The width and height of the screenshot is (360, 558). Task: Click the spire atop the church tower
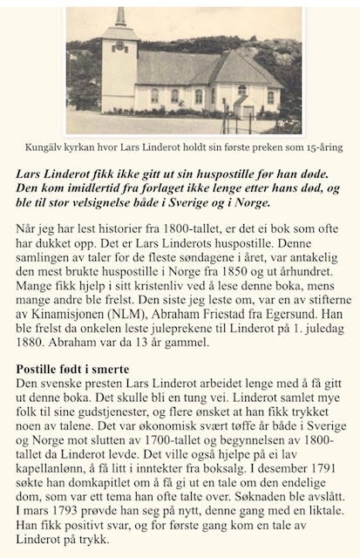(x=120, y=17)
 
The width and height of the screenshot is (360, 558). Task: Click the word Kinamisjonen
(x=71, y=330)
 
